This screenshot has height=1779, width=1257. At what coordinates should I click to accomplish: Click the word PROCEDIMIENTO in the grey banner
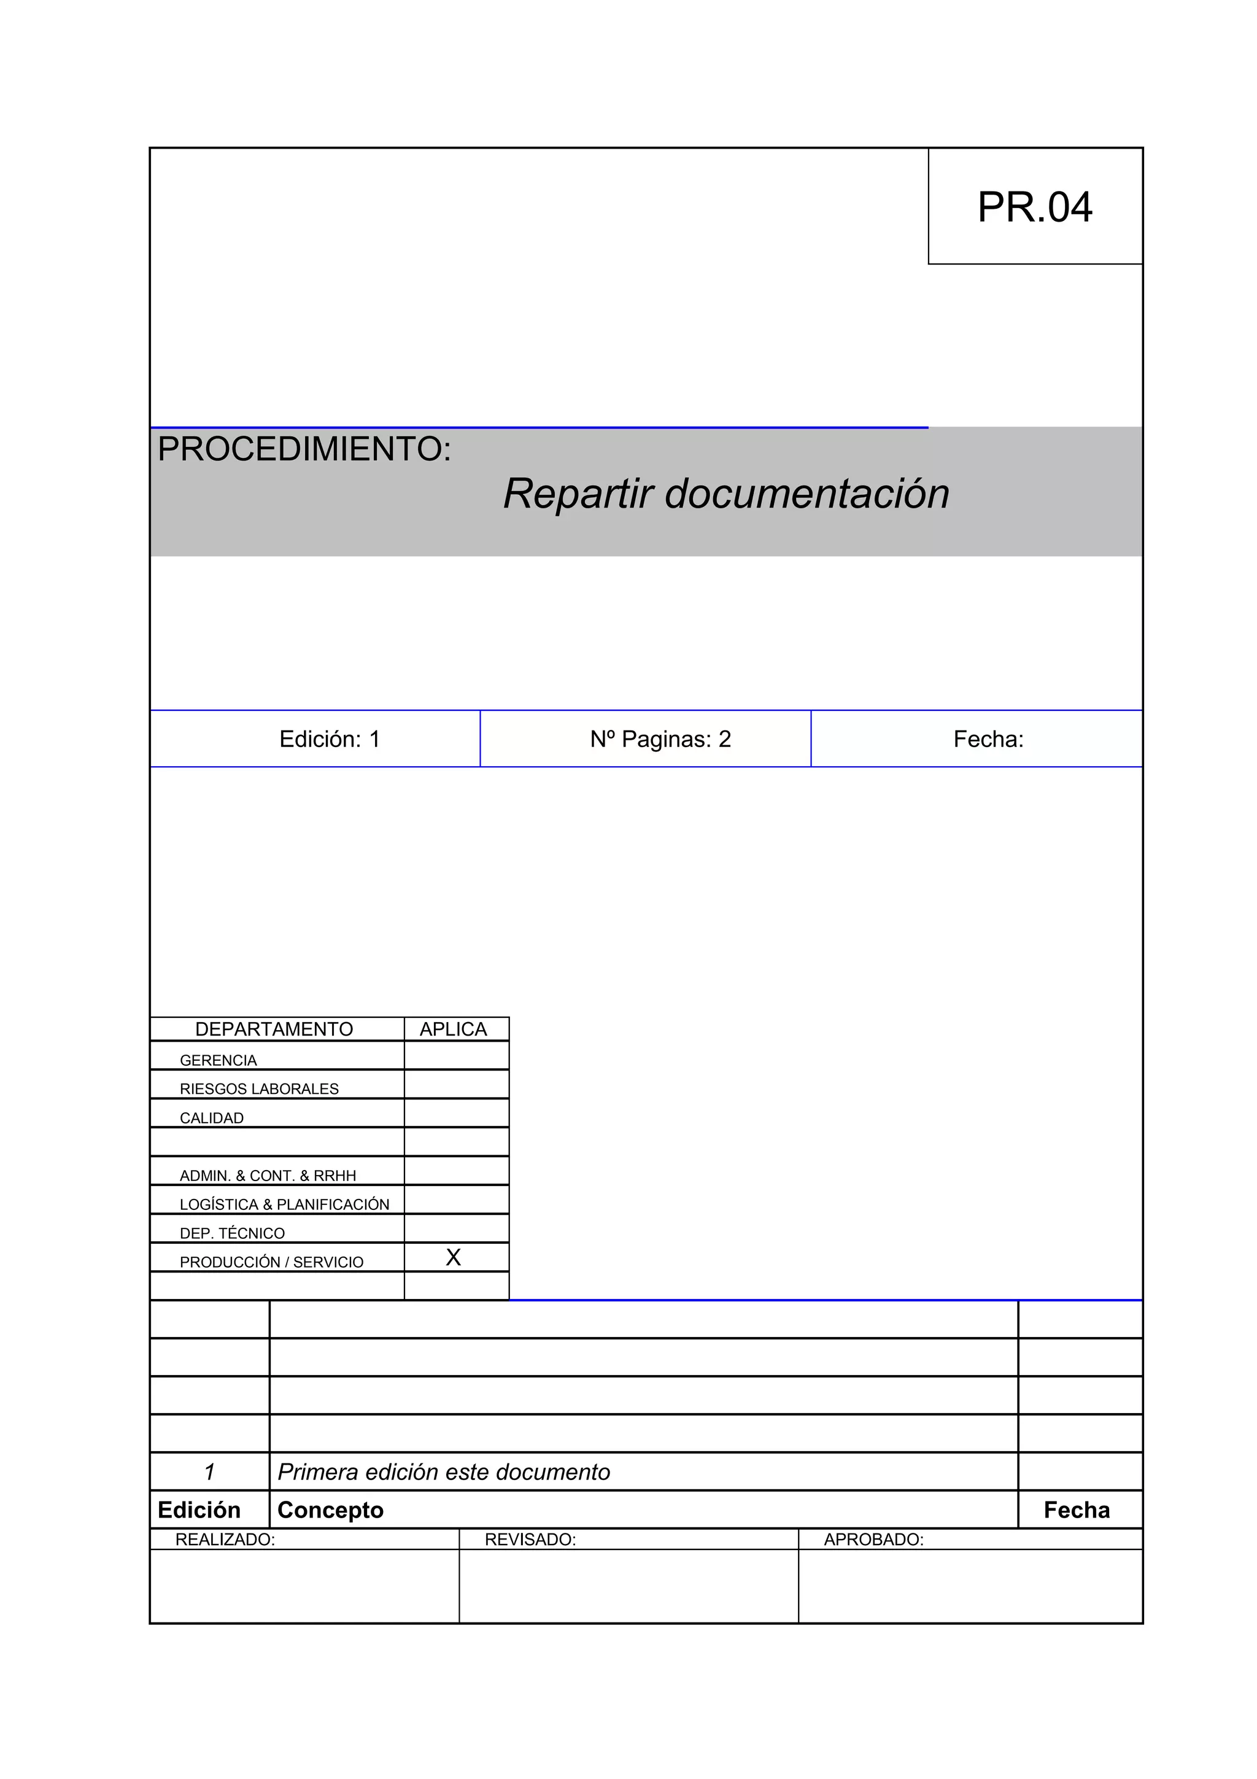304,449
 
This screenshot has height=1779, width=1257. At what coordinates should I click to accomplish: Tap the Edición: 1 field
329,739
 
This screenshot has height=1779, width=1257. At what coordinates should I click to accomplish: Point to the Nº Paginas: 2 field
660,739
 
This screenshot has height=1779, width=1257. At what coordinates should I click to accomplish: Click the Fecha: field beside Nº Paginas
988,739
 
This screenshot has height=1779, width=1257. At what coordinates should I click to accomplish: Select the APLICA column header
453,1029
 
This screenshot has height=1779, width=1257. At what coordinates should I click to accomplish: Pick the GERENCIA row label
218,1060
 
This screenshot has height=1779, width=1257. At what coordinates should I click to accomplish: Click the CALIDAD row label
211,1118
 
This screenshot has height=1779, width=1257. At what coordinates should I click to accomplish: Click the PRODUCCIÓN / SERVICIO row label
271,1262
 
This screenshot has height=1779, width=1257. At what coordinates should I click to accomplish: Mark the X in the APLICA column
453,1258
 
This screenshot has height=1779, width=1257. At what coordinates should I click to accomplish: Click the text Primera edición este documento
443,1472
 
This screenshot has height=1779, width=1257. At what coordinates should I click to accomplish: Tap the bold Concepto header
330,1510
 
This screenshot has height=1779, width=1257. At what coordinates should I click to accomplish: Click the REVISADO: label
530,1540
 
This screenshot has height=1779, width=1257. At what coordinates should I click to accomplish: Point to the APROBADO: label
873,1540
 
